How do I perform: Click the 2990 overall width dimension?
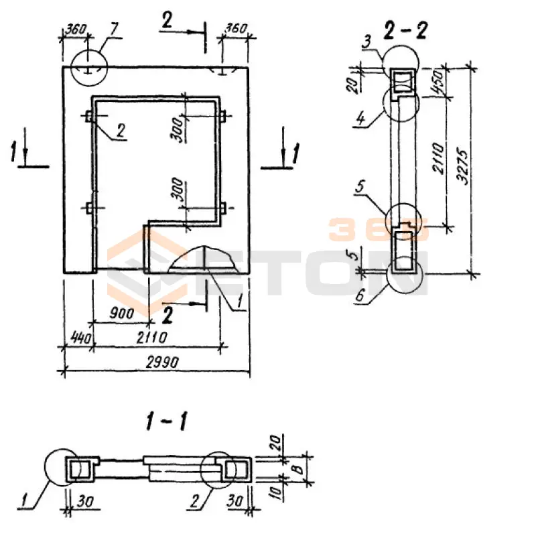(162, 362)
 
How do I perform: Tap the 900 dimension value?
(122, 313)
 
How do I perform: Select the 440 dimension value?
(81, 338)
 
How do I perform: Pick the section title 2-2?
(405, 30)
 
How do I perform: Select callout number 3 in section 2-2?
(366, 42)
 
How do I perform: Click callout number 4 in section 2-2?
(360, 119)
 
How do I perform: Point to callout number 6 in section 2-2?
(359, 295)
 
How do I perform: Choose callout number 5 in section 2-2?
(360, 187)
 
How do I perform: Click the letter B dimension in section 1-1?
(299, 468)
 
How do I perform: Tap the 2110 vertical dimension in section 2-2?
(438, 159)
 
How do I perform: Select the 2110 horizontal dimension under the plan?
(152, 338)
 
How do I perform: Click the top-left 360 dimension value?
(76, 29)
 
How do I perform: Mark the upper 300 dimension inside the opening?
(178, 130)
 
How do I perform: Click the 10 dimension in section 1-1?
(278, 492)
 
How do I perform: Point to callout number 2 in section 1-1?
(194, 501)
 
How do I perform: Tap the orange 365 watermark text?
(378, 229)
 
